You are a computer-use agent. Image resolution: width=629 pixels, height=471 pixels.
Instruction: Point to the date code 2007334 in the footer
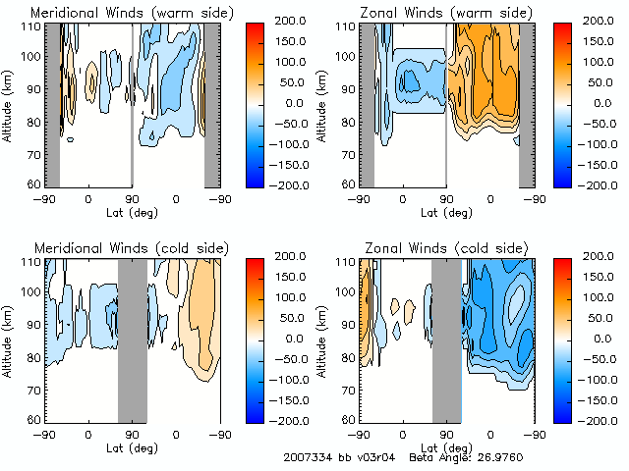point(307,457)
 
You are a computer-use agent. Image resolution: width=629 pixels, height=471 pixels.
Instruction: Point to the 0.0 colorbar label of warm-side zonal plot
point(600,102)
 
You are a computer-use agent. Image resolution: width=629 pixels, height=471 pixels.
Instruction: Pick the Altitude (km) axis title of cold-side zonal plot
point(322,339)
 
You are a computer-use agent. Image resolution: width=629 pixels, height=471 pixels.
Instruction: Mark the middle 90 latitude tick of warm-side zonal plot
point(446,198)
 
